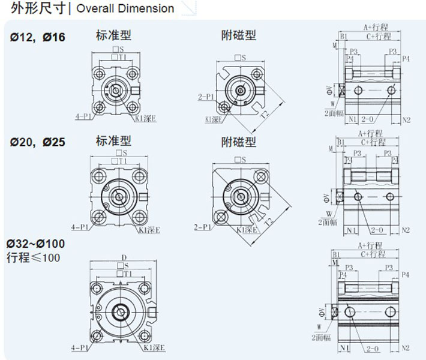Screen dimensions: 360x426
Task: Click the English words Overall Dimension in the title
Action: point(125,8)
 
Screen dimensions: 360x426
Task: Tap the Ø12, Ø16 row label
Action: point(37,37)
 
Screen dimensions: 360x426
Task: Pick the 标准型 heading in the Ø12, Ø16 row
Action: point(113,35)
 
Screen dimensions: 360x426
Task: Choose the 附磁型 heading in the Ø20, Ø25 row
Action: point(238,142)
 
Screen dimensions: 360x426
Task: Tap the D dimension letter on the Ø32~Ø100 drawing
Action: point(124,257)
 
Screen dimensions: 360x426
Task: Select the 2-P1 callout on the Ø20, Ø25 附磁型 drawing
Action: point(203,227)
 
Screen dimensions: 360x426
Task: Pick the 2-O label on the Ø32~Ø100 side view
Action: point(372,348)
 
